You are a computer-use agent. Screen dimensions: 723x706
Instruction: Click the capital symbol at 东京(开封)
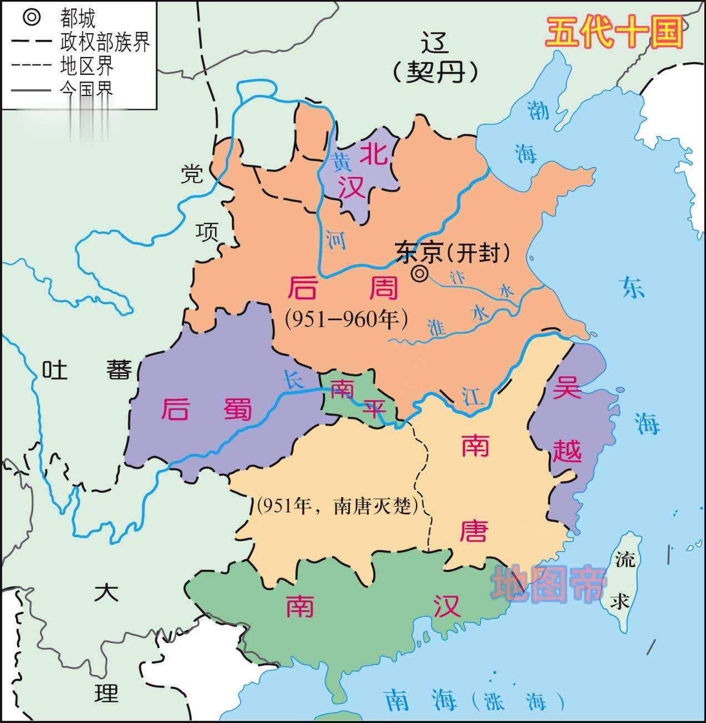(x=420, y=274)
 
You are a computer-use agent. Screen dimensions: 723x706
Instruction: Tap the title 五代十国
(x=613, y=33)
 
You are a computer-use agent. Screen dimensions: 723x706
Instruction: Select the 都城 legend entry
(x=77, y=18)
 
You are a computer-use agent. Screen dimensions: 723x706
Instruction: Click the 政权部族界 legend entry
(x=104, y=42)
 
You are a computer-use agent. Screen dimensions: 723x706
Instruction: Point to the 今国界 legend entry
(x=86, y=88)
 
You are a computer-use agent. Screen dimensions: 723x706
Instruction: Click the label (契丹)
(x=435, y=71)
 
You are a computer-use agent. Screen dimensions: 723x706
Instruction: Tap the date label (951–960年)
(x=347, y=319)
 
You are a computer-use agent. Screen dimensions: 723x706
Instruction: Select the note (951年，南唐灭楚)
(x=337, y=505)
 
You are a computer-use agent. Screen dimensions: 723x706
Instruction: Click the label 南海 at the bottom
(x=420, y=700)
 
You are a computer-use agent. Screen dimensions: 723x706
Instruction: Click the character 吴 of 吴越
(x=567, y=387)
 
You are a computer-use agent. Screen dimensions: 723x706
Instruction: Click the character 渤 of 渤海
(x=538, y=110)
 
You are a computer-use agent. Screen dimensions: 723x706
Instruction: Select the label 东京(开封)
(x=453, y=252)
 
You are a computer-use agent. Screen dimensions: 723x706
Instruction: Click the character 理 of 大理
(x=106, y=693)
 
